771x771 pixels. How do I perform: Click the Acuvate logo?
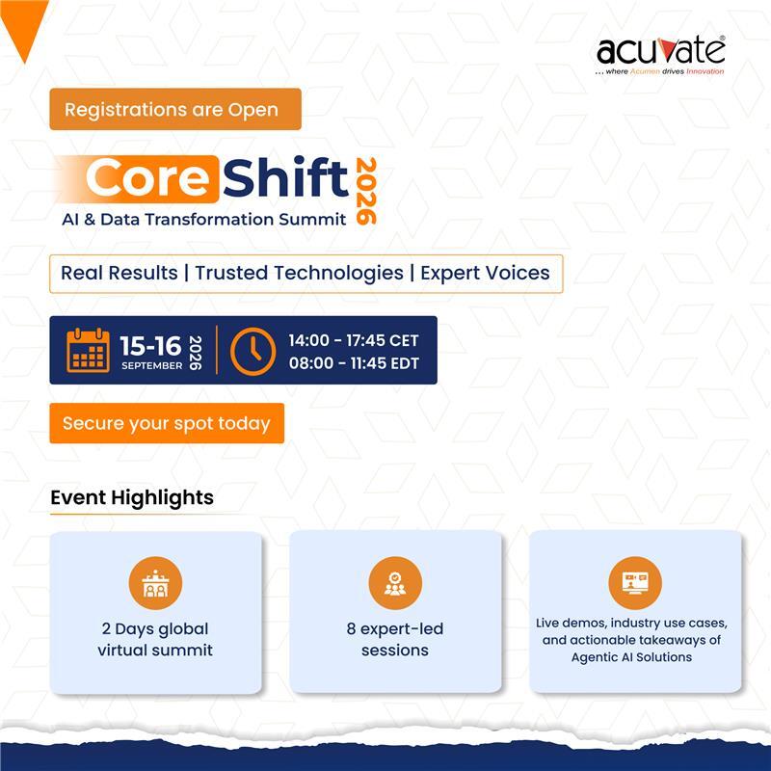coord(660,54)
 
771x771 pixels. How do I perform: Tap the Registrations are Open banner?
coord(175,110)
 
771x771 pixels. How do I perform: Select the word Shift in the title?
coord(287,178)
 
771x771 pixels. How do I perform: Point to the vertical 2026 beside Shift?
coord(366,191)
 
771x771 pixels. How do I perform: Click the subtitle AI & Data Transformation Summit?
coord(203,220)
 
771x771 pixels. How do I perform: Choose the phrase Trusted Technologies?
coord(299,273)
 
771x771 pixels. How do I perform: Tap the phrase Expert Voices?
coord(486,273)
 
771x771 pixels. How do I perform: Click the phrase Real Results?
coord(120,273)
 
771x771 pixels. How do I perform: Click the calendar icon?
coord(88,350)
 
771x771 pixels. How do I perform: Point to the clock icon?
coord(253,350)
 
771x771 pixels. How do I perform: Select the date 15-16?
coord(150,345)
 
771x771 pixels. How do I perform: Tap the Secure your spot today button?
coord(167,423)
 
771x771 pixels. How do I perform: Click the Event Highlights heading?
coord(132,498)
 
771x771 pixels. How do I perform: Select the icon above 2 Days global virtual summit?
coord(155,584)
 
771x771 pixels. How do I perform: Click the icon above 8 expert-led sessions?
coord(395,584)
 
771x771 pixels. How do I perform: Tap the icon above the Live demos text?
coord(635,584)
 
